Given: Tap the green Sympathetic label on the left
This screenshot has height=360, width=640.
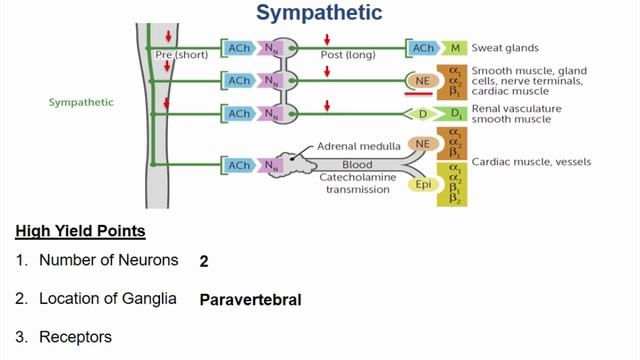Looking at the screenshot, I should [x=81, y=102].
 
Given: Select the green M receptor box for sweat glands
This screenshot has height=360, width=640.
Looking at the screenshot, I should [x=454, y=47].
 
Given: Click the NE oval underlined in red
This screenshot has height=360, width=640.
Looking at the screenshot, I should [x=422, y=81].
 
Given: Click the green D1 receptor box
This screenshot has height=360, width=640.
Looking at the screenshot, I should [x=454, y=114].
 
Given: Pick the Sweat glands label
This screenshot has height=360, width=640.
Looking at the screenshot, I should [x=506, y=47].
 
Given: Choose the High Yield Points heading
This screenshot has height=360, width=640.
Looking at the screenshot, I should [x=80, y=232].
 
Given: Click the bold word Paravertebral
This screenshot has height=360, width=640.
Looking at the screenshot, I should [x=251, y=299].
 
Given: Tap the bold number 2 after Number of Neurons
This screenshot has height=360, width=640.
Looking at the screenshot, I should [x=205, y=261].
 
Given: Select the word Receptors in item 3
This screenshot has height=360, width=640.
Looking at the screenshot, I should [x=76, y=338].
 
